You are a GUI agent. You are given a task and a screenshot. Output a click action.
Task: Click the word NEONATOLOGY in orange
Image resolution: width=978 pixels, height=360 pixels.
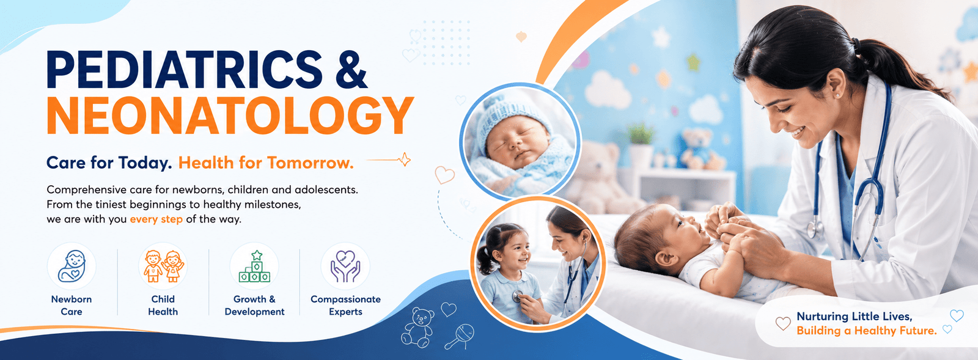230,116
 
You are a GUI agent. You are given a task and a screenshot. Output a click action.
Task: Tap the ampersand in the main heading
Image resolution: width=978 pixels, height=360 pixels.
352,70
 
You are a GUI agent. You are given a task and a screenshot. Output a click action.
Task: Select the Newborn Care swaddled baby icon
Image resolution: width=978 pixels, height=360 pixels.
72,266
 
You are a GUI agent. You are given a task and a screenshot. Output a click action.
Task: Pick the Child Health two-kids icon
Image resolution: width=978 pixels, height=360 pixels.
163,266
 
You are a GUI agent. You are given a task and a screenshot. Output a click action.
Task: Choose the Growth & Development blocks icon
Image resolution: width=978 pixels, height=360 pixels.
254,266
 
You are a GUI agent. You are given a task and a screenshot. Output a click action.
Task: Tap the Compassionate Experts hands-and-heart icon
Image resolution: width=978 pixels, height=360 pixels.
345,266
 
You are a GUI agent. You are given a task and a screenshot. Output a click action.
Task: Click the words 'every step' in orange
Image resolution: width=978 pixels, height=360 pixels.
156,219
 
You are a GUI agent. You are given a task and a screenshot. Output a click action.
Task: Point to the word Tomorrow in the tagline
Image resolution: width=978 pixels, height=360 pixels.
309,163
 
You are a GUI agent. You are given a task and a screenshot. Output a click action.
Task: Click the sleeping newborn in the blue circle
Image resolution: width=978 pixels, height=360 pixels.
520,142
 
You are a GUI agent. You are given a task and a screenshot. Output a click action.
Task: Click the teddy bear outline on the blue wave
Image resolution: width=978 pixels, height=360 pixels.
418,327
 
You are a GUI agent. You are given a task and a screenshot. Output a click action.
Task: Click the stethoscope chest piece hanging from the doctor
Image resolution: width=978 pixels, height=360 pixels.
814,229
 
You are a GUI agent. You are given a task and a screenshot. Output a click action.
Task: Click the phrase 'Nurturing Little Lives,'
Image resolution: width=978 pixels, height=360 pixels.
855,317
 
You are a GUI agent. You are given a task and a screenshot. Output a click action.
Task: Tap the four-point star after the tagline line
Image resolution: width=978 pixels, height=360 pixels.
405,160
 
